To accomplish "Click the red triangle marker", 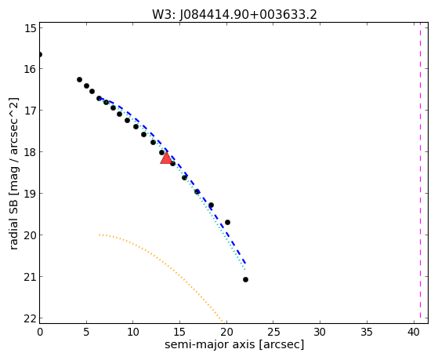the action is [166, 158].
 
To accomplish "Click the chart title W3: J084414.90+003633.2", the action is [234, 15].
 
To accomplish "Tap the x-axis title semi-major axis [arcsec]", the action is [234, 344].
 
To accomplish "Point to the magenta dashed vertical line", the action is [420, 173].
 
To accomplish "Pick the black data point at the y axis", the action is [40, 54].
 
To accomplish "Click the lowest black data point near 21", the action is [245, 279].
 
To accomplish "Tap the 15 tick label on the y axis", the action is [31, 28].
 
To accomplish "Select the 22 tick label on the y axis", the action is [31, 318].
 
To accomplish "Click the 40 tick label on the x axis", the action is [414, 332].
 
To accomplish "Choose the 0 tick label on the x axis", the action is [40, 332].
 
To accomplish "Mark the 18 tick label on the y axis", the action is [31, 152].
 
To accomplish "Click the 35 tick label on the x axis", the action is [367, 332].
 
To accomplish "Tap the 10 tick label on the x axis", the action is [133, 332].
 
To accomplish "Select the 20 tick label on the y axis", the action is [31, 235].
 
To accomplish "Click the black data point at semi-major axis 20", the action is [227, 223].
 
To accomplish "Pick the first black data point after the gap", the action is [79, 80].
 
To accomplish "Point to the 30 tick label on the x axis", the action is [320, 332].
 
